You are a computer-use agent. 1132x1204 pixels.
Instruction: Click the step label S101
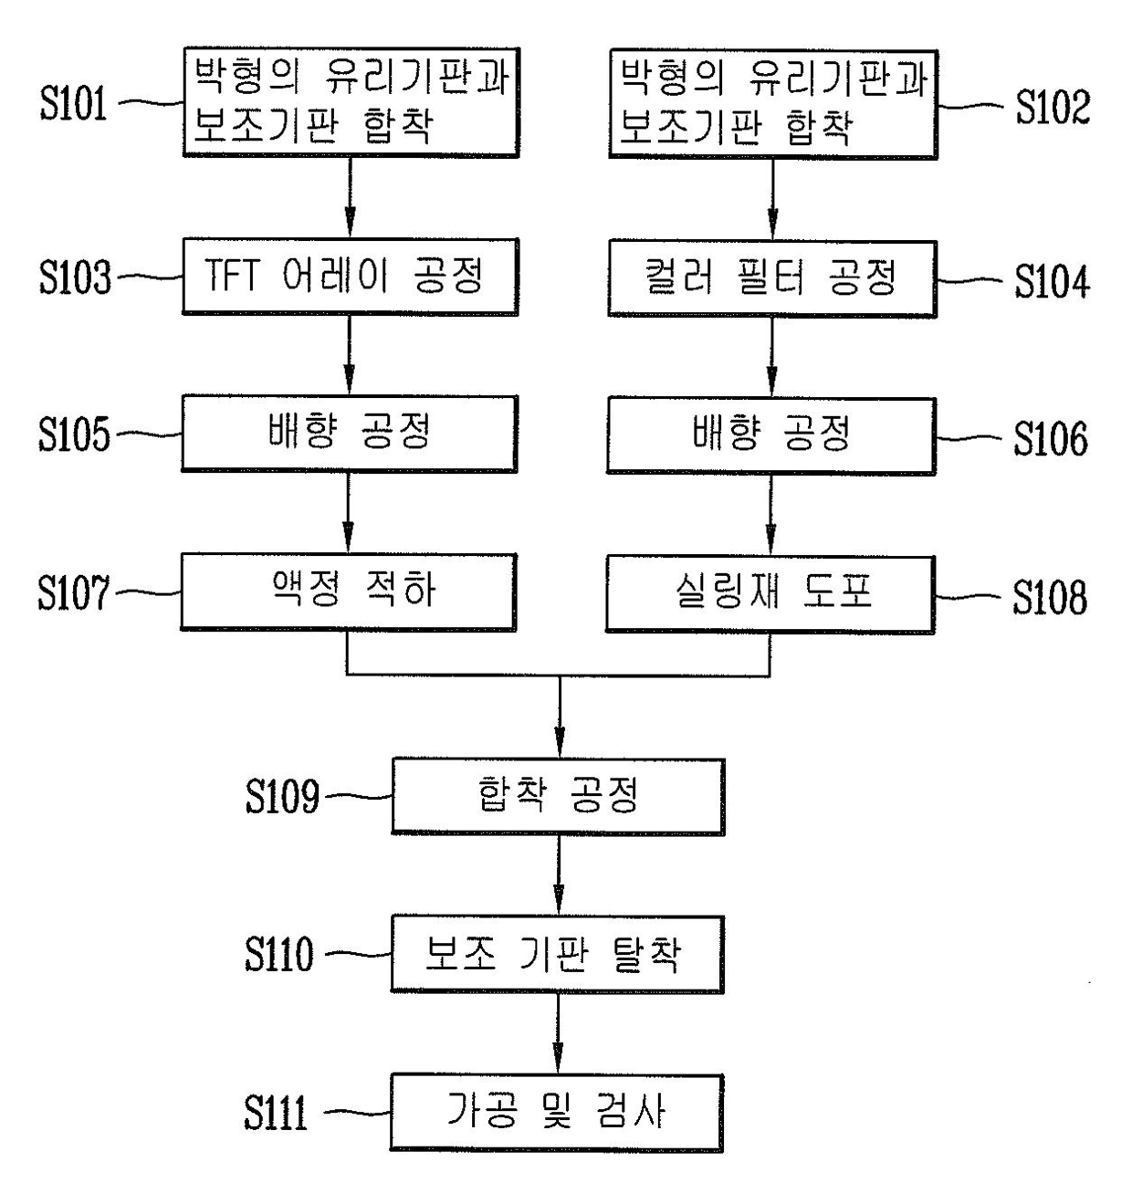tap(73, 103)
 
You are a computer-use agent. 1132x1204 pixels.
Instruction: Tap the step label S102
tap(1053, 108)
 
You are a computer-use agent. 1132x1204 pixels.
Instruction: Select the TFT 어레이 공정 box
tap(350, 277)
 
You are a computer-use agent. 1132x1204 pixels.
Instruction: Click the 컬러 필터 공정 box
tap(772, 279)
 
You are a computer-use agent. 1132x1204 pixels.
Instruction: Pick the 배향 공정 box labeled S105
tap(350, 434)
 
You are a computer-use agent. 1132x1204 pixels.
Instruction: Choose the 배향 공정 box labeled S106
tap(771, 436)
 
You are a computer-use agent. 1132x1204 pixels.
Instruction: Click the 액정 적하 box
tap(349, 592)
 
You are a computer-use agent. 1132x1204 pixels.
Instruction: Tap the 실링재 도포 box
tap(770, 595)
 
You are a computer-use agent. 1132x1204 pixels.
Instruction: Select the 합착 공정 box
tap(559, 797)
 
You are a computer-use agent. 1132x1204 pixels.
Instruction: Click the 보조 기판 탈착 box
tap(558, 954)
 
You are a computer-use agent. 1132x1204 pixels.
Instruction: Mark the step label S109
tap(283, 796)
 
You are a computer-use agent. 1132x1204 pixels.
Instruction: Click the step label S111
tap(276, 1112)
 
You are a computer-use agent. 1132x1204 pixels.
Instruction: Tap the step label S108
tap(1050, 597)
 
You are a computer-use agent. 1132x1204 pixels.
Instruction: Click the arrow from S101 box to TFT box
tap(350, 198)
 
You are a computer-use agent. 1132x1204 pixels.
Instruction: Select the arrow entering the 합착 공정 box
tap(559, 717)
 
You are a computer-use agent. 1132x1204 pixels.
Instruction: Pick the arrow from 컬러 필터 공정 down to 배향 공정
tap(771, 357)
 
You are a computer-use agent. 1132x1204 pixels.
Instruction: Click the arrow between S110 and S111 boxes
tap(558, 1033)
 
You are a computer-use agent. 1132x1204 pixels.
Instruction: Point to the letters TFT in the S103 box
tap(232, 276)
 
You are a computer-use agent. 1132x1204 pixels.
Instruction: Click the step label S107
tap(74, 592)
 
